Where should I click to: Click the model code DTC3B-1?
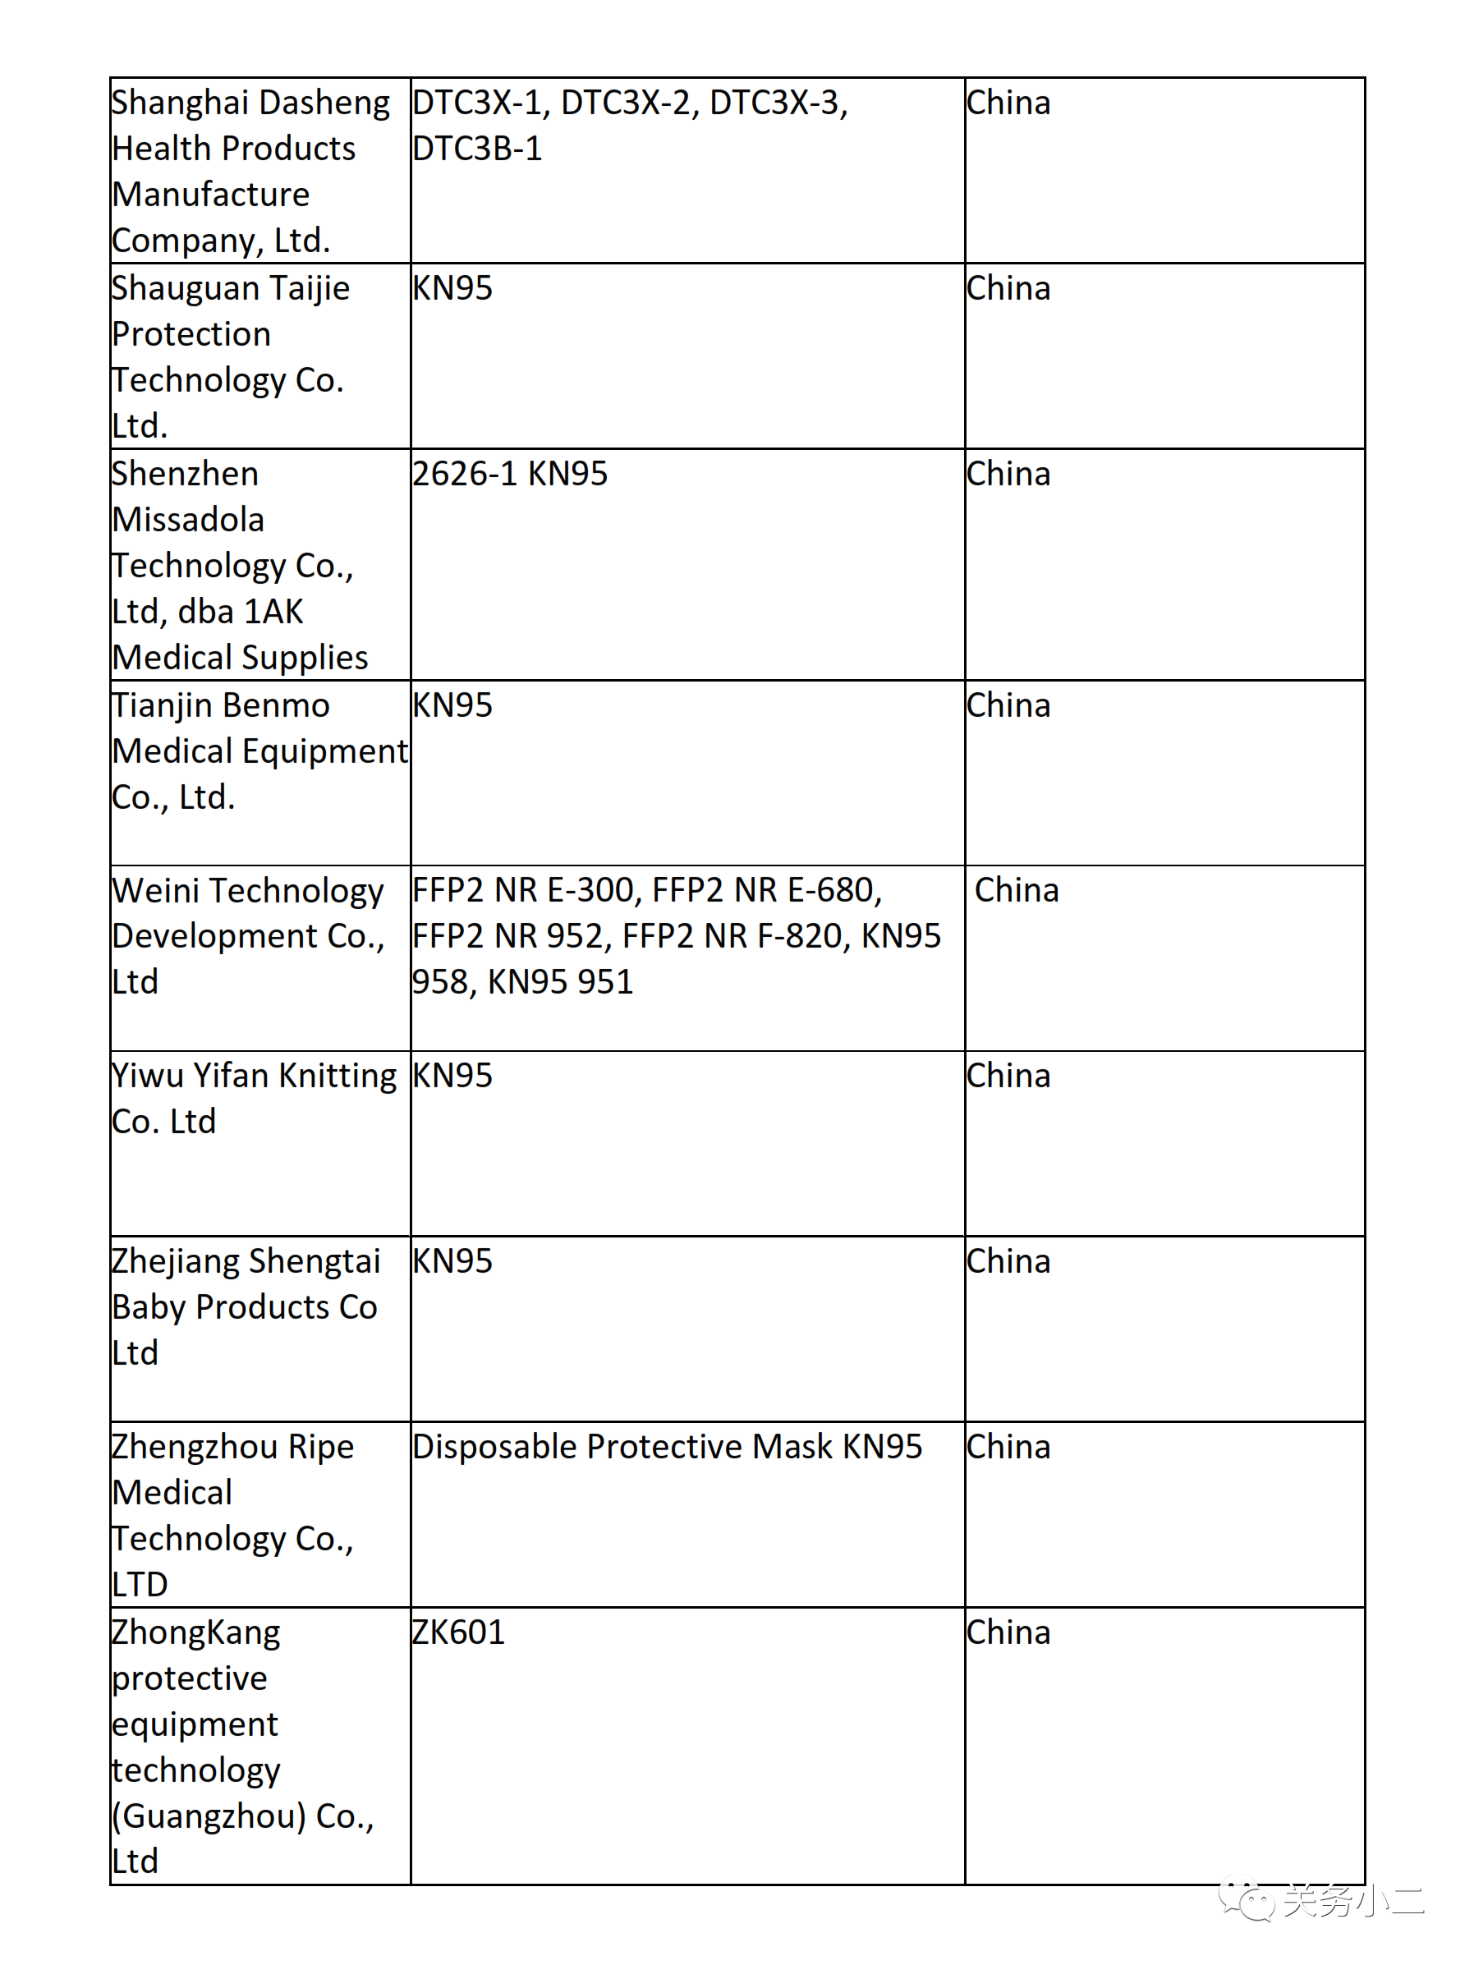click(x=477, y=149)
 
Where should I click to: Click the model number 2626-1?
click(x=464, y=474)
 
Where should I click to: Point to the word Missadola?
click(x=188, y=520)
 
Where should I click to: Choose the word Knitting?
click(x=338, y=1076)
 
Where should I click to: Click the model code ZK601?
click(x=458, y=1632)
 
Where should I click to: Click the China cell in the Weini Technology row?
click(x=1017, y=890)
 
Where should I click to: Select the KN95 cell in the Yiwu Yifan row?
click(x=452, y=1076)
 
